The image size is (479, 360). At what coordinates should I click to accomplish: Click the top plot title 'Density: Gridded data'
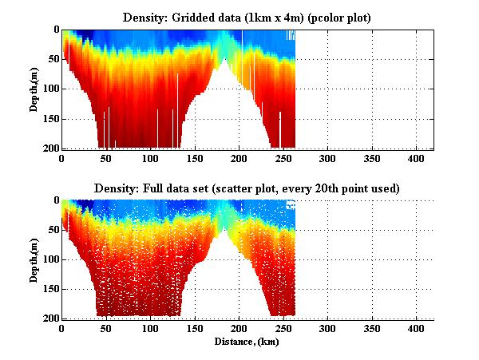click(247, 17)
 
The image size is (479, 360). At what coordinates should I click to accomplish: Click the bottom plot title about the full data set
click(247, 188)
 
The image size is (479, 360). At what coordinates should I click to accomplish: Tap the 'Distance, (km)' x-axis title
click(247, 342)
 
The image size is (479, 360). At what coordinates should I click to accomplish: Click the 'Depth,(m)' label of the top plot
click(34, 89)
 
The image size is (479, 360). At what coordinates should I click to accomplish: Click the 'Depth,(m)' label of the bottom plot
click(34, 259)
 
